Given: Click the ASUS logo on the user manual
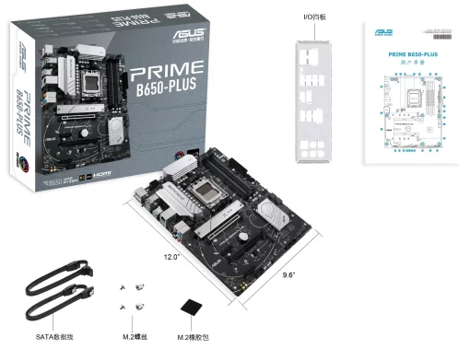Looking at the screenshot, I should (x=382, y=33).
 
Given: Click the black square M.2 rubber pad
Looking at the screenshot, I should (x=192, y=310).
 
